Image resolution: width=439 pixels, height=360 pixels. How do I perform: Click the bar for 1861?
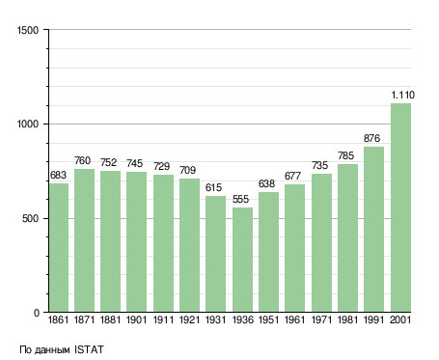pyautogui.click(x=59, y=248)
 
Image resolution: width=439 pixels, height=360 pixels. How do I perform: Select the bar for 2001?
pyautogui.click(x=401, y=208)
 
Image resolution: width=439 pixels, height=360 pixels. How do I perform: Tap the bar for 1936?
pyautogui.click(x=242, y=260)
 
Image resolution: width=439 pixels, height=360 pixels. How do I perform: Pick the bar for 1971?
pyautogui.click(x=321, y=243)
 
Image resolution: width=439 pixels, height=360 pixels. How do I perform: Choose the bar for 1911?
pyautogui.click(x=163, y=243)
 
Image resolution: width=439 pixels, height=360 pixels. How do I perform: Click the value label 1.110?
pyautogui.click(x=403, y=95)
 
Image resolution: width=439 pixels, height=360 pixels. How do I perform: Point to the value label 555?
pyautogui.click(x=240, y=199)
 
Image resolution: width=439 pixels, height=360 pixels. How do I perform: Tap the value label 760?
pyautogui.click(x=83, y=160)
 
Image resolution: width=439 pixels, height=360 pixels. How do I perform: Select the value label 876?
pyautogui.click(x=371, y=138)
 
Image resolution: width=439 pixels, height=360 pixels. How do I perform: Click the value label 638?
pyautogui.click(x=266, y=183)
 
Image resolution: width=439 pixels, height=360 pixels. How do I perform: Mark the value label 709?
pyautogui.click(x=187, y=170)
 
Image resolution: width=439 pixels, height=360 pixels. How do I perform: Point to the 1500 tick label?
pyautogui.click(x=28, y=30)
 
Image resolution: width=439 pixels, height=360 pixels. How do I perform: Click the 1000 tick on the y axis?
pyautogui.click(x=28, y=125)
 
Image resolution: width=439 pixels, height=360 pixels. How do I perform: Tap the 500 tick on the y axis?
pyautogui.click(x=30, y=219)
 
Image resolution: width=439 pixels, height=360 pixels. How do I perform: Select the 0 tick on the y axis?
pyautogui.click(x=37, y=313)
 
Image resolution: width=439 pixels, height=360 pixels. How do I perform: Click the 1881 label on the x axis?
pyautogui.click(x=110, y=320)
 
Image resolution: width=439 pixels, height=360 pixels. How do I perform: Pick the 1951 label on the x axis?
pyautogui.click(x=268, y=320)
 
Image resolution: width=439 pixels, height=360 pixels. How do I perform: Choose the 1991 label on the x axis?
pyautogui.click(x=373, y=320)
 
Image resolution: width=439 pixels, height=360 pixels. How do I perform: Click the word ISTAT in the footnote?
pyautogui.click(x=89, y=349)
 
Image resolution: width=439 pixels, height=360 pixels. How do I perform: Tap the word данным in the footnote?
pyautogui.click(x=52, y=350)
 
